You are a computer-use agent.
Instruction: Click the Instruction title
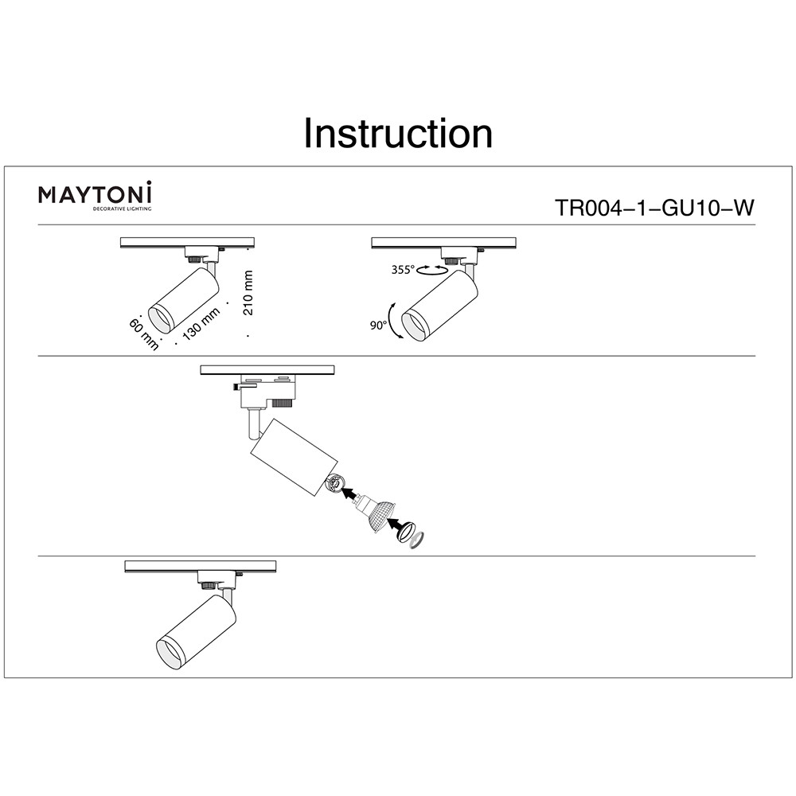click(x=398, y=134)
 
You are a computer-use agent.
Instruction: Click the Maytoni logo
click(x=96, y=196)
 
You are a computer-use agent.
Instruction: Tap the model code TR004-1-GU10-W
click(x=654, y=209)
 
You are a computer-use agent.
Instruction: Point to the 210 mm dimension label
click(x=249, y=293)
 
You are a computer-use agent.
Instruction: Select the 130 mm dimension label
click(x=201, y=325)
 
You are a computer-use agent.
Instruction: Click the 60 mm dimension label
click(x=143, y=333)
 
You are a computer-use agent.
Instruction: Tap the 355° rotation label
click(x=403, y=270)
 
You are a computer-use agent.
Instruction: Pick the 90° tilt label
click(x=377, y=325)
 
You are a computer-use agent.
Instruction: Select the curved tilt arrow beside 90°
click(x=393, y=322)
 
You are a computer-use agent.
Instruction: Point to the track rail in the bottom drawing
click(x=200, y=566)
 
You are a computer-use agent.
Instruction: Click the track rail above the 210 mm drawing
click(x=187, y=242)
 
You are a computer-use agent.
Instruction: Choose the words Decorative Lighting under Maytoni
click(x=123, y=209)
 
